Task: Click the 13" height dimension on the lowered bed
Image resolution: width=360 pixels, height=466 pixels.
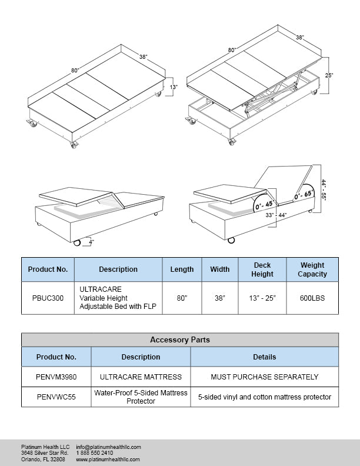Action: pyautogui.click(x=173, y=87)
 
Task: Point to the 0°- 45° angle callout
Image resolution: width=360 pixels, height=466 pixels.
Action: pyautogui.click(x=263, y=204)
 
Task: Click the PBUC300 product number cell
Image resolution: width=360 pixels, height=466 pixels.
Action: pyautogui.click(x=48, y=298)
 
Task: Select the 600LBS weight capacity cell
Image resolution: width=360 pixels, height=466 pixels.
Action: pyautogui.click(x=312, y=298)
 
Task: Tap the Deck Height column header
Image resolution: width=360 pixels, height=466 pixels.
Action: pyautogui.click(x=262, y=269)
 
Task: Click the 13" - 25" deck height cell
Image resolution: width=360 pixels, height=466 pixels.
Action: pyautogui.click(x=262, y=298)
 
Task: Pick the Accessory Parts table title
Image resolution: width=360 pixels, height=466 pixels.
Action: pyautogui.click(x=179, y=339)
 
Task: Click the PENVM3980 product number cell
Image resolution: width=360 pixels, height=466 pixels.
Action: pyautogui.click(x=56, y=377)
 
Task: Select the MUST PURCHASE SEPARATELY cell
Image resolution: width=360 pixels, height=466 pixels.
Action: pyautogui.click(x=264, y=377)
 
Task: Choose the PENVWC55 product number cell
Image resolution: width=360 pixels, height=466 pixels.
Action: pyautogui.click(x=56, y=397)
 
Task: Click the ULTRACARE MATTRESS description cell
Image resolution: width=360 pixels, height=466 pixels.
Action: pyautogui.click(x=141, y=377)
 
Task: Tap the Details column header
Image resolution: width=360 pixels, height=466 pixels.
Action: pyautogui.click(x=264, y=357)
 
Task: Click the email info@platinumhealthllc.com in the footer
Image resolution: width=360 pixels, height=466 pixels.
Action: pyautogui.click(x=108, y=447)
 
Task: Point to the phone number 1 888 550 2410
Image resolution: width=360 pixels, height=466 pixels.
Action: pyautogui.click(x=95, y=453)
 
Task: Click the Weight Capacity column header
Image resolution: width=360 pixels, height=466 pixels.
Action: pyautogui.click(x=312, y=269)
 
